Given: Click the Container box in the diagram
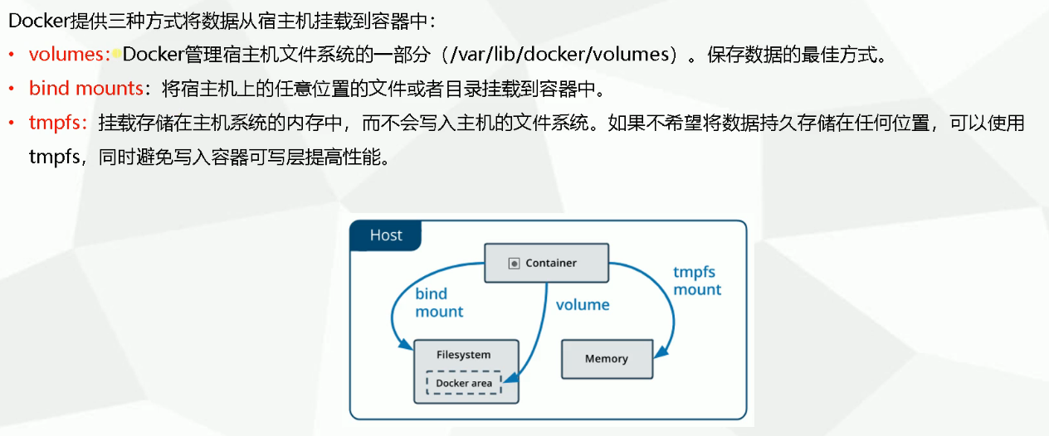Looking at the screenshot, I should pyautogui.click(x=547, y=263).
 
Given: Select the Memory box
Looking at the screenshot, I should pyautogui.click(x=606, y=359).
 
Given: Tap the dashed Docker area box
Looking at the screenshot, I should pyautogui.click(x=464, y=383).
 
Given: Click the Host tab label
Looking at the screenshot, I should pyautogui.click(x=386, y=235).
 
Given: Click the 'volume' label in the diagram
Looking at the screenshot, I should pyautogui.click(x=583, y=305).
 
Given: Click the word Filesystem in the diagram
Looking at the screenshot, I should pyautogui.click(x=464, y=355).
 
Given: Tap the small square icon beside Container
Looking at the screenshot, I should pyautogui.click(x=514, y=264).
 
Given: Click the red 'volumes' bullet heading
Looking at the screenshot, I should pyautogui.click(x=70, y=56).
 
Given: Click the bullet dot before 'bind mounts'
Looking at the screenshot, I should pyautogui.click(x=12, y=89).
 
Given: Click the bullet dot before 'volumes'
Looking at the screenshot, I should pyautogui.click(x=12, y=56).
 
